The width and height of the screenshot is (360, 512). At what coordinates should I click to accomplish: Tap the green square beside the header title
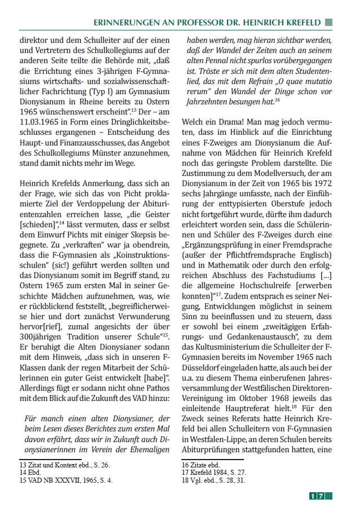pos(329,22)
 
